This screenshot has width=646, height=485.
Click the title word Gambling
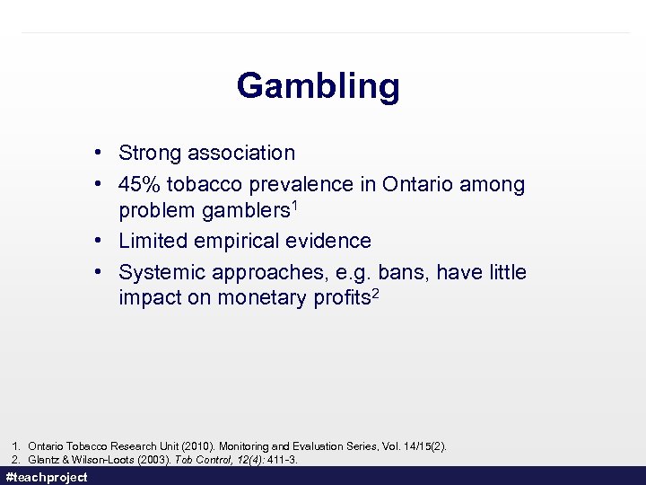click(x=318, y=86)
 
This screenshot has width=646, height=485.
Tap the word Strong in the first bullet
click(x=150, y=154)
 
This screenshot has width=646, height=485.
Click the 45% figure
click(x=138, y=184)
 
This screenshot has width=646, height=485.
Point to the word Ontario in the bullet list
click(x=419, y=184)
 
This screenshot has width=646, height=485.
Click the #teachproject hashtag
click(x=47, y=477)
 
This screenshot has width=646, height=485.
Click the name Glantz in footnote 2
click(x=44, y=460)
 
